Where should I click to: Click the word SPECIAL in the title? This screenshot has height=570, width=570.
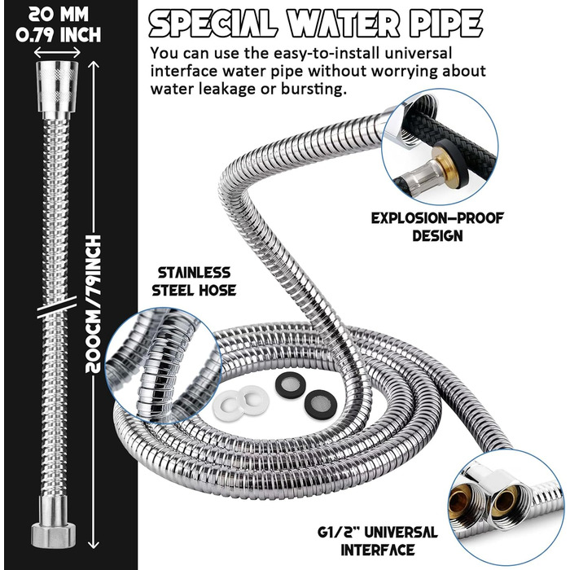click(211, 24)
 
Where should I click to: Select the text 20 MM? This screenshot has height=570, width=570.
click(59, 15)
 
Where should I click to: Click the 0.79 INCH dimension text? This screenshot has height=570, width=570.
click(58, 35)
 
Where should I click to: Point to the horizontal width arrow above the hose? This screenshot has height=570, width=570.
click(57, 53)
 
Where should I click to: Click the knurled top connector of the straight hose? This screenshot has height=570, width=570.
click(57, 86)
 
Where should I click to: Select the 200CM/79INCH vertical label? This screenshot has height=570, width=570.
click(93, 304)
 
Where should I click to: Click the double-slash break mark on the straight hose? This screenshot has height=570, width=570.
click(57, 308)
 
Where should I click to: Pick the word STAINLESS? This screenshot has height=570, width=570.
click(194, 273)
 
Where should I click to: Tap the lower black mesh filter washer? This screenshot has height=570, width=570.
click(321, 404)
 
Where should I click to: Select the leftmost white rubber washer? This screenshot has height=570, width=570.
click(228, 406)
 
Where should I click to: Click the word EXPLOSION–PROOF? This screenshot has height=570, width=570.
click(437, 218)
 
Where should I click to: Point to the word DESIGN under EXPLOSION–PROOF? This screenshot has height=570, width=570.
click(437, 236)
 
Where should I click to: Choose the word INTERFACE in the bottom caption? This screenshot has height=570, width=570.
click(378, 550)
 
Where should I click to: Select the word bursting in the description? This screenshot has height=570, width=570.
click(313, 89)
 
